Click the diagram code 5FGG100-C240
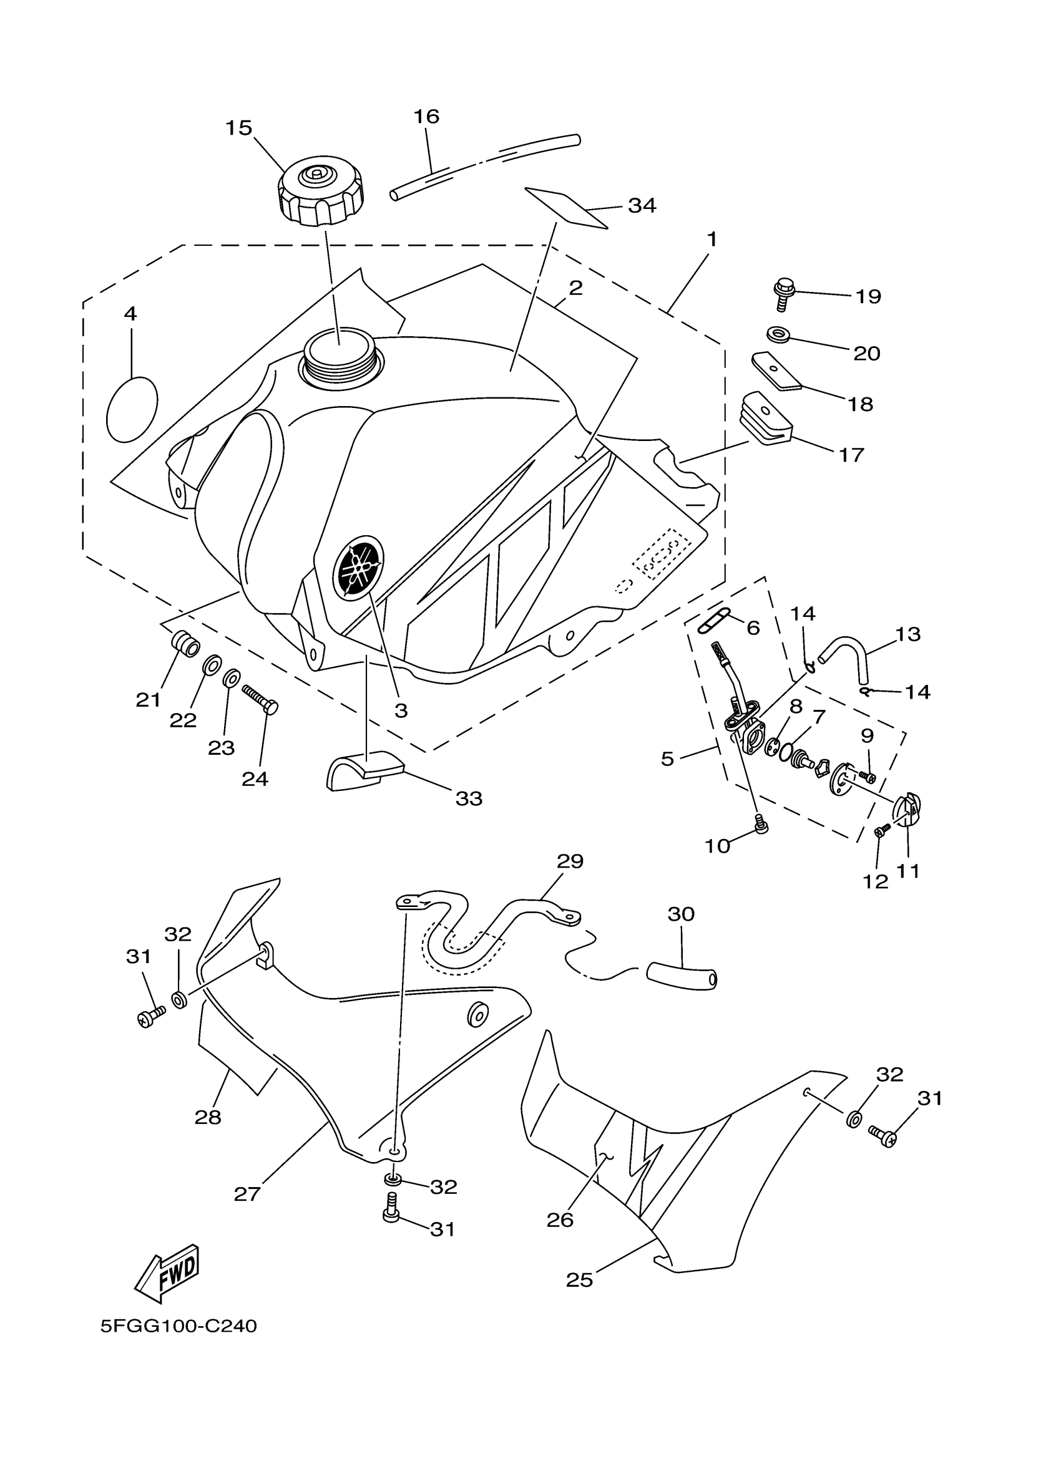179,1327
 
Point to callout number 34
642,206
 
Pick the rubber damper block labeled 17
765,419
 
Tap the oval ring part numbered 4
132,409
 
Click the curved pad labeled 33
364,770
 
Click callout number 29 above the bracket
570,861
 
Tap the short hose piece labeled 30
682,978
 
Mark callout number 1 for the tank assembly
711,240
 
